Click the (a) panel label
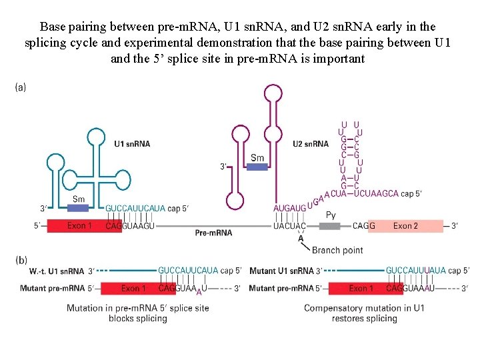click(x=20, y=87)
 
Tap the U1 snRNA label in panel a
click(x=132, y=144)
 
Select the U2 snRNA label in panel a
click(x=311, y=144)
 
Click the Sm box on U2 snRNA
click(x=257, y=166)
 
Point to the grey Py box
click(x=330, y=225)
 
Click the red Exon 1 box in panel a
click(x=75, y=226)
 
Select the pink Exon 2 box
click(x=405, y=226)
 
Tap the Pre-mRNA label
click(x=213, y=233)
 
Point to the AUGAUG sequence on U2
click(x=290, y=209)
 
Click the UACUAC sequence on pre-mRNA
click(x=290, y=226)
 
